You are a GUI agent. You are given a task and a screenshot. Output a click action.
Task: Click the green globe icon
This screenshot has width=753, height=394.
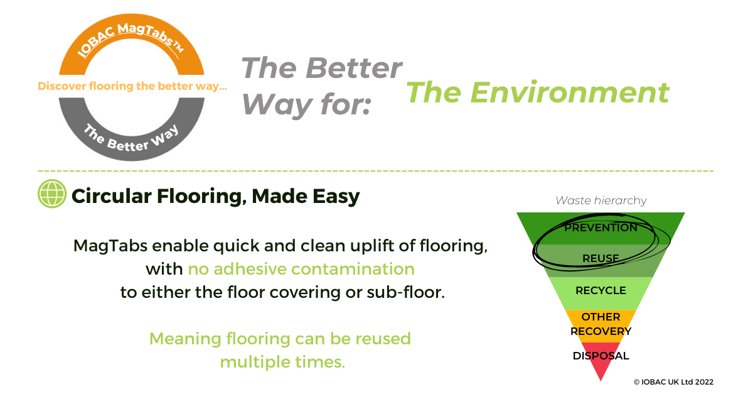[x=51, y=194]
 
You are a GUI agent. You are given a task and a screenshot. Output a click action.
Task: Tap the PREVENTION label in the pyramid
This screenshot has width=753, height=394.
[x=601, y=227]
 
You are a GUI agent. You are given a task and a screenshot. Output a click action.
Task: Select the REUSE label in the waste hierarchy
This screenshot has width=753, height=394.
[x=601, y=258]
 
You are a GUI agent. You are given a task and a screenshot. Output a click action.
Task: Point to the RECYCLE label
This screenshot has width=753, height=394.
[x=601, y=290]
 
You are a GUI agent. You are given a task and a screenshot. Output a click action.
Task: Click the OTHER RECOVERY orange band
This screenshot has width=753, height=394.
[x=601, y=326]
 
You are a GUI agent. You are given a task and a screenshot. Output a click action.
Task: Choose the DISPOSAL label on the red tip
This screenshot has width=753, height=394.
[x=601, y=356]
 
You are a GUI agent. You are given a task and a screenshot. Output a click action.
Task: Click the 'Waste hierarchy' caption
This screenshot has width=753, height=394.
[x=601, y=200]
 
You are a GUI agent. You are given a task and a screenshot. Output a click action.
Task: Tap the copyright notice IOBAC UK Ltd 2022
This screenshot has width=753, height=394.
[x=673, y=382]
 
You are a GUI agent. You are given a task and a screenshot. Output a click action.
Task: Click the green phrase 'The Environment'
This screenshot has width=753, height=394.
[x=538, y=92]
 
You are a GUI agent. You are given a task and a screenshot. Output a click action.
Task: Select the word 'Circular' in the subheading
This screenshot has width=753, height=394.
[x=112, y=196]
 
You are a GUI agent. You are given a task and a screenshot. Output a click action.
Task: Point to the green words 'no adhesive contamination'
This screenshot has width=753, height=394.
[x=301, y=269]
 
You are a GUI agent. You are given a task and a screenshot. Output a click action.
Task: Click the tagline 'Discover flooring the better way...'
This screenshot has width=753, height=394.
[x=132, y=86]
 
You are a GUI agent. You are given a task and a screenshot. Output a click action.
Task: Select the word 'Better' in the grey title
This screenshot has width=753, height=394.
[x=354, y=68]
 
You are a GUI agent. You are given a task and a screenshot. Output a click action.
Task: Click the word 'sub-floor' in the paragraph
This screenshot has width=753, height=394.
[x=406, y=292]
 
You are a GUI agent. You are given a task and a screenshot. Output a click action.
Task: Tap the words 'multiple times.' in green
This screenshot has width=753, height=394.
[x=283, y=363]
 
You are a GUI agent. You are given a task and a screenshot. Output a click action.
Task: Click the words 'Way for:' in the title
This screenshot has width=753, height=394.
[x=306, y=105]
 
